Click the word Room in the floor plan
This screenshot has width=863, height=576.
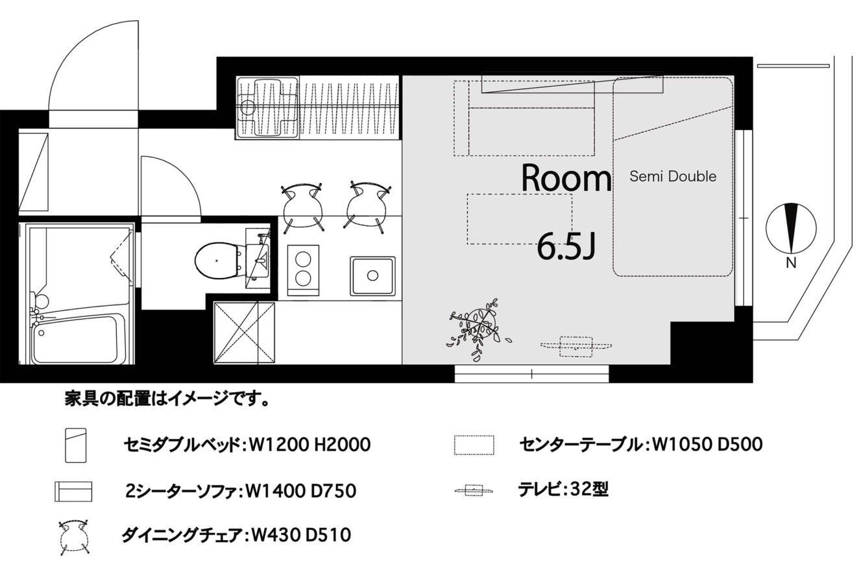[566, 178]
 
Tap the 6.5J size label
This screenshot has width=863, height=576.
[566, 248]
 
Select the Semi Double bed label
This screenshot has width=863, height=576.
[673, 176]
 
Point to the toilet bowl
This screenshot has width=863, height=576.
[217, 260]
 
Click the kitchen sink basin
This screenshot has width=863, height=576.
[372, 276]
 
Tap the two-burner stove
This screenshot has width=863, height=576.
[303, 269]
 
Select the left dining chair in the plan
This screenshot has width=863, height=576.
[302, 208]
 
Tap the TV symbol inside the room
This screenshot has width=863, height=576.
[576, 346]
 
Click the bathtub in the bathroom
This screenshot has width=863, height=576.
[75, 339]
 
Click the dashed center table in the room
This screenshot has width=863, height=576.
[519, 219]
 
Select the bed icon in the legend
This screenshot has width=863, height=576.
[75, 445]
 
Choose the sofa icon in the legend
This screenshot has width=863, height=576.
[73, 491]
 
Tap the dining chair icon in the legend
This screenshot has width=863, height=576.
[73, 536]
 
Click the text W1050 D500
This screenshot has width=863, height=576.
[706, 445]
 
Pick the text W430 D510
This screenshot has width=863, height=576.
[301, 535]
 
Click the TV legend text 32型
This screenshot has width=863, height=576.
[589, 490]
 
